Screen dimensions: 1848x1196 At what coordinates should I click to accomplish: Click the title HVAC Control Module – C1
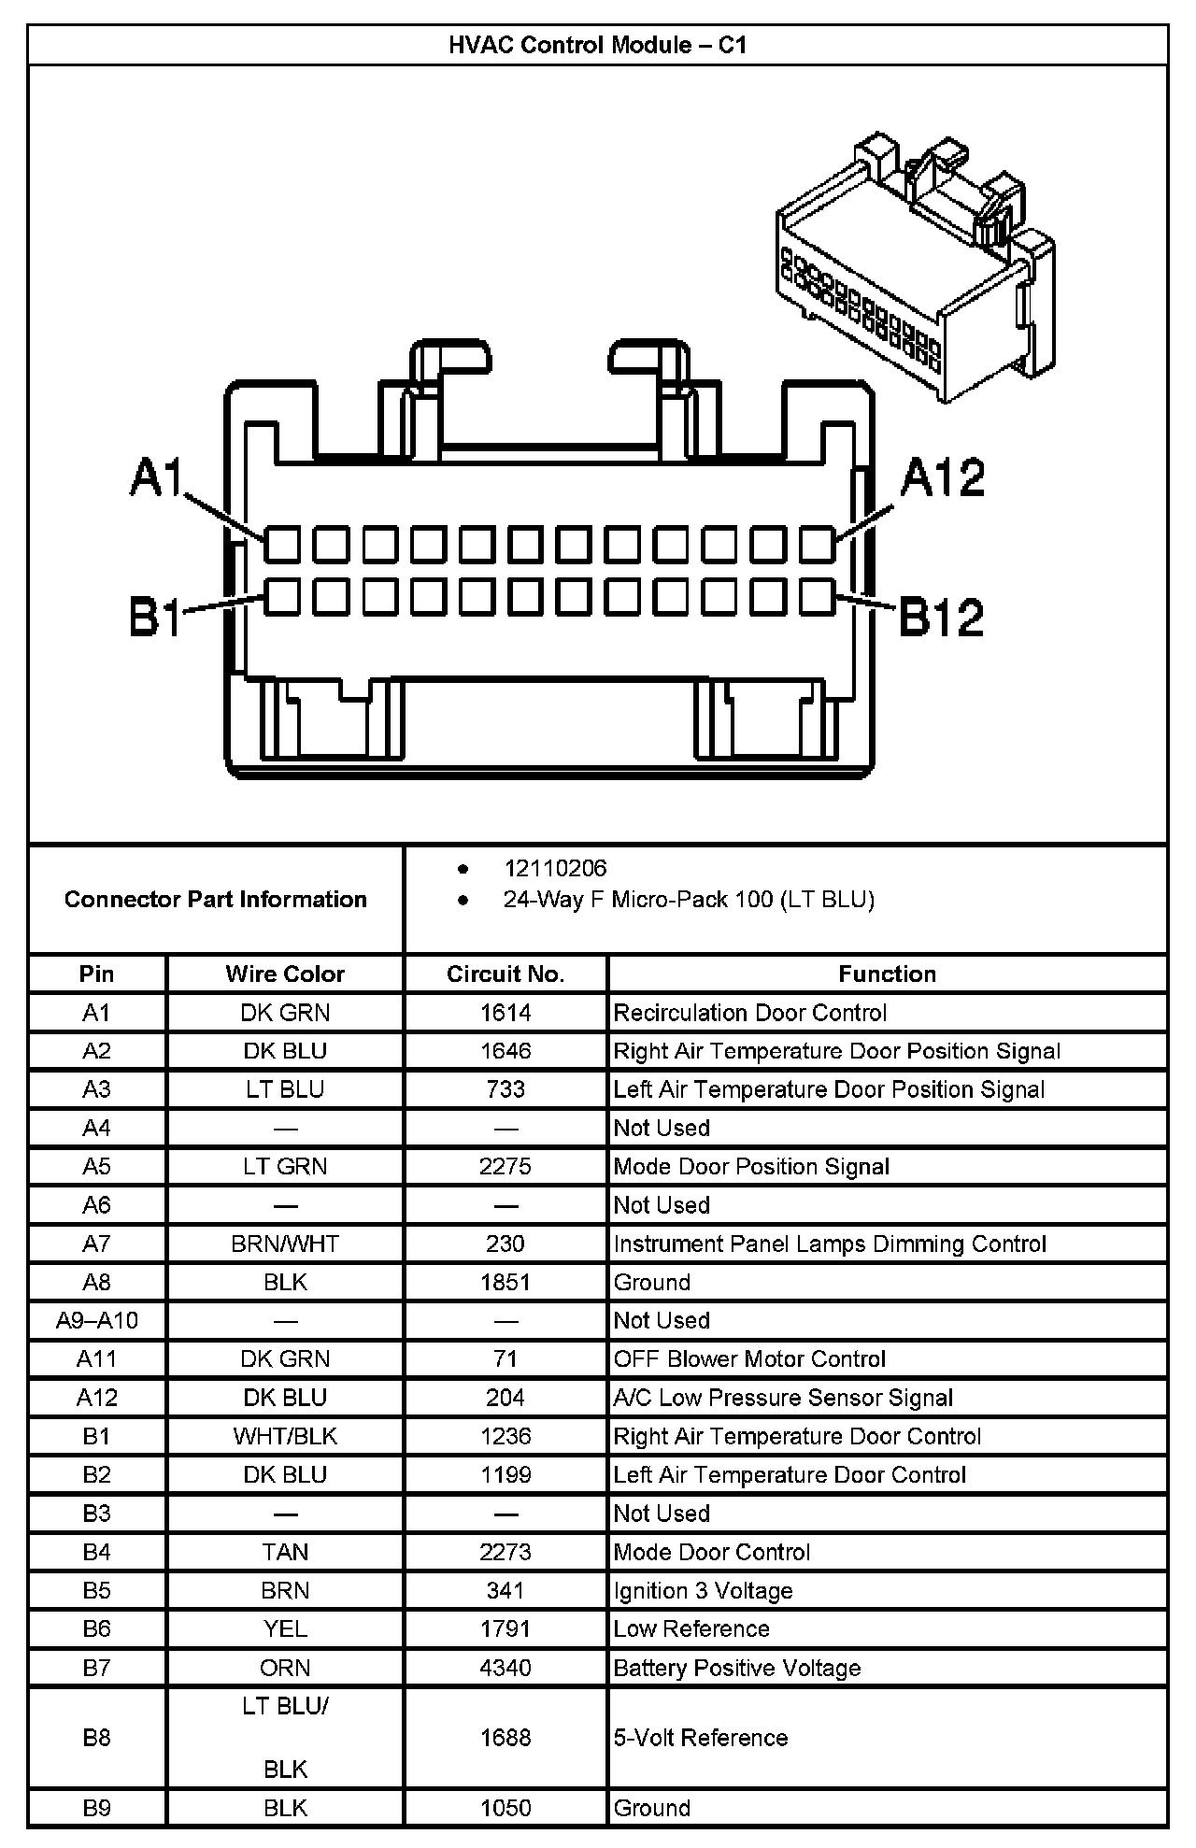click(x=597, y=45)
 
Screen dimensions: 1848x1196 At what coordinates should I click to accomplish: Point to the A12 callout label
click(x=942, y=478)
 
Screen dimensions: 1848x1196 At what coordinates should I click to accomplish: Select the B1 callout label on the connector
click(x=155, y=618)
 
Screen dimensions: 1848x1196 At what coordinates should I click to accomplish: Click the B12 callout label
click(x=941, y=618)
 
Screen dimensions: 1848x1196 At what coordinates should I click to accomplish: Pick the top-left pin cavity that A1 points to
click(x=281, y=545)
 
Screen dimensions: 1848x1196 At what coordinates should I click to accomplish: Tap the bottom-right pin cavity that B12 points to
click(x=818, y=596)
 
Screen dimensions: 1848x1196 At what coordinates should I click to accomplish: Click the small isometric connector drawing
click(x=916, y=266)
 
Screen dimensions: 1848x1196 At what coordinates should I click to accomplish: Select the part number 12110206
click(x=555, y=869)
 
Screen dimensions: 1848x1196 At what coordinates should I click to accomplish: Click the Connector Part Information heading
click(x=216, y=900)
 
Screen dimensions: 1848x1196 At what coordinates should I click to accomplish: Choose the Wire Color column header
click(x=285, y=974)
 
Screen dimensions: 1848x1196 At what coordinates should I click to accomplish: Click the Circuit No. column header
click(x=505, y=974)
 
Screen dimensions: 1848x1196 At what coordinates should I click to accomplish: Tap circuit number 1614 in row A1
click(x=505, y=1013)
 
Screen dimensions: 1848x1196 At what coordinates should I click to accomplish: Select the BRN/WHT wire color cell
click(x=285, y=1244)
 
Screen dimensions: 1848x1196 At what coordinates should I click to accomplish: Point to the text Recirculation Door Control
click(x=749, y=1013)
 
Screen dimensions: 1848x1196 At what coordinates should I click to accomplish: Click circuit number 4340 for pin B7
click(x=505, y=1668)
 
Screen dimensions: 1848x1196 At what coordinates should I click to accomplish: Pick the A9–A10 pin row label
click(x=97, y=1321)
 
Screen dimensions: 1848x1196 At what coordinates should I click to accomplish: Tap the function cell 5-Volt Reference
click(x=701, y=1738)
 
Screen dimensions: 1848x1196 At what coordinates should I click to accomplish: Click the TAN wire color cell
click(x=285, y=1552)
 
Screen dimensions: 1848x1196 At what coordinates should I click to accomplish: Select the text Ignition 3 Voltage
click(x=703, y=1591)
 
